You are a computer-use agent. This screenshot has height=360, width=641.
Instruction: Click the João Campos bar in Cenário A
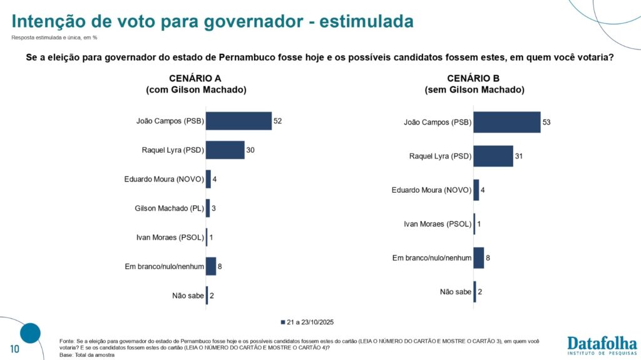(238, 121)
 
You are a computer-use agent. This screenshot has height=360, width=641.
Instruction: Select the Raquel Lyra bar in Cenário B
(493, 155)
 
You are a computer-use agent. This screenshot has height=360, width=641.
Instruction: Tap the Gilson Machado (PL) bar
(208, 208)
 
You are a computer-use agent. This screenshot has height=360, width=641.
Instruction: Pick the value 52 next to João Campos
(278, 121)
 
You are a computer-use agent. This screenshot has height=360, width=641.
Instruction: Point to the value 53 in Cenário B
(546, 121)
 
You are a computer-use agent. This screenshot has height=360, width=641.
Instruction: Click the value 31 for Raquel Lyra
(519, 155)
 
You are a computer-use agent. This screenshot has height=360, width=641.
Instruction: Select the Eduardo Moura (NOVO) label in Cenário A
(164, 179)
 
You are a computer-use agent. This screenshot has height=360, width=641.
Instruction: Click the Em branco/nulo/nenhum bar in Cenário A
(211, 266)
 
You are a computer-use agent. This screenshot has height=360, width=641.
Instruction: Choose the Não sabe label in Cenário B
(455, 292)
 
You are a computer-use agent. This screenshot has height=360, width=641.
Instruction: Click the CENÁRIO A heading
(196, 78)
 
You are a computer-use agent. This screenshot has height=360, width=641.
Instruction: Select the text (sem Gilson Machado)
(474, 90)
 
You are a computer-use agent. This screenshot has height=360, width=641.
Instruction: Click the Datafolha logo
(602, 345)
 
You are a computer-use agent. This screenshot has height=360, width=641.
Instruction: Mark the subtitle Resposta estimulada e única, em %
(54, 38)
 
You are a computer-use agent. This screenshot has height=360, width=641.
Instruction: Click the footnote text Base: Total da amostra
(87, 355)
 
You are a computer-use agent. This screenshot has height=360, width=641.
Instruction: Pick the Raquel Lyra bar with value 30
(225, 150)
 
